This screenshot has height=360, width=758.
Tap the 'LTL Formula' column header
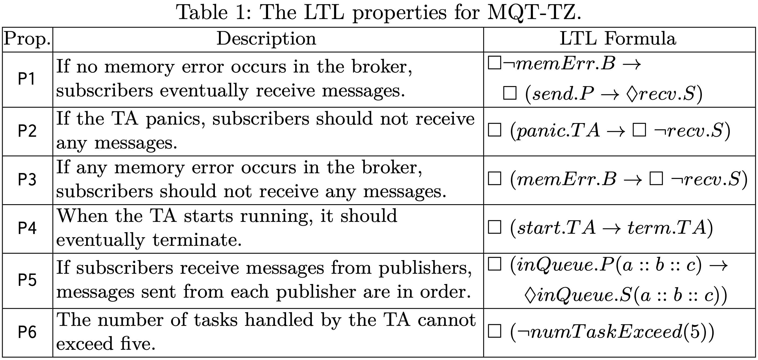618,39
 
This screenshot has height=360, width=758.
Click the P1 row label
27,79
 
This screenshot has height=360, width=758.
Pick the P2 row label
27,131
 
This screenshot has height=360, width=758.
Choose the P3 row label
27,179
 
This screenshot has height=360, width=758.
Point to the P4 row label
27,228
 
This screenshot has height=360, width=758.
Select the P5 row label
27,280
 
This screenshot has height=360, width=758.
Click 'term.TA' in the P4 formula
667,228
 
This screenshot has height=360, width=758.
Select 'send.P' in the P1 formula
563,94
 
